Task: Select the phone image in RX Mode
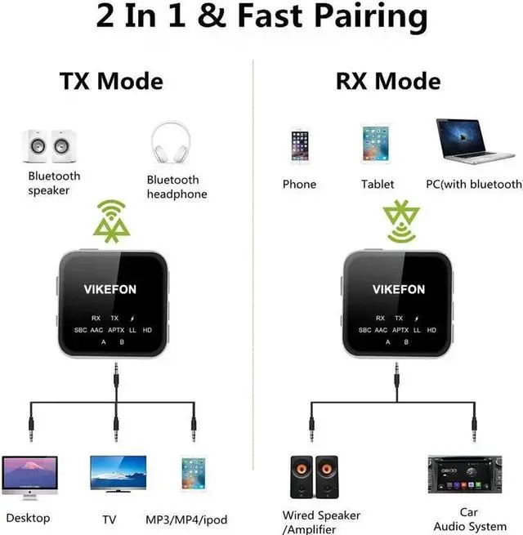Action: pyautogui.click(x=299, y=146)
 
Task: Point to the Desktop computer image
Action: pyautogui.click(x=30, y=479)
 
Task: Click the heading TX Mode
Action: pyautogui.click(x=111, y=82)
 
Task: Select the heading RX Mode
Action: pyautogui.click(x=387, y=82)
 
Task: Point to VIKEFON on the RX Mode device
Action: pyautogui.click(x=399, y=288)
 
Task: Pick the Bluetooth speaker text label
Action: pyautogui.click(x=55, y=183)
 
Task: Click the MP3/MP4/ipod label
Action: pyautogui.click(x=186, y=519)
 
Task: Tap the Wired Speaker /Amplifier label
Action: pyautogui.click(x=321, y=521)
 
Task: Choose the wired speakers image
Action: pyautogui.click(x=314, y=477)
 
